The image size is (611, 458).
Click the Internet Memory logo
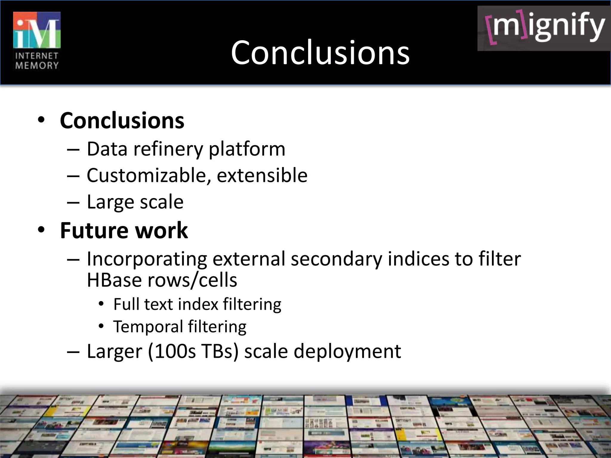tap(37, 41)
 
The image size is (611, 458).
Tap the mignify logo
tap(544, 28)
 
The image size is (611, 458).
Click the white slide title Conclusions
tap(320, 52)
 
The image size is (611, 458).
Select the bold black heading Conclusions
tap(122, 120)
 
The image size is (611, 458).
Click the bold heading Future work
tap(124, 230)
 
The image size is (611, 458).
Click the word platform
tap(247, 149)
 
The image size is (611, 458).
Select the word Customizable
tap(147, 175)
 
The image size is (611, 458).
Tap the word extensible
tap(262, 175)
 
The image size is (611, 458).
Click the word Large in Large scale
tap(110, 202)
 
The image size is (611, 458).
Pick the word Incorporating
tap(147, 259)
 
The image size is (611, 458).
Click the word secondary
tap(336, 259)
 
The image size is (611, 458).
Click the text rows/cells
tap(192, 280)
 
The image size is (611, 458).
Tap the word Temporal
tap(148, 327)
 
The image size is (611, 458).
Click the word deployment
tap(347, 351)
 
